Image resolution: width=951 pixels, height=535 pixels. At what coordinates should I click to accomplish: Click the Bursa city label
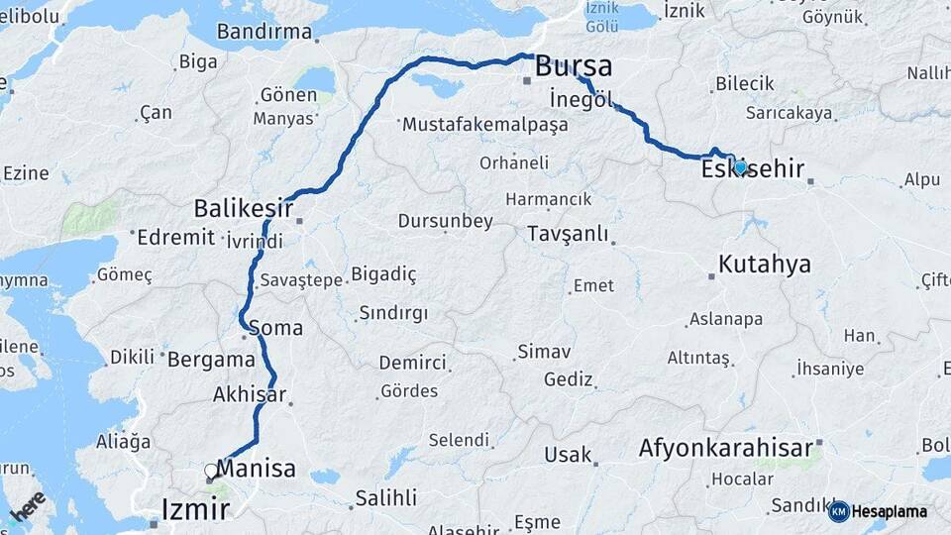(x=574, y=67)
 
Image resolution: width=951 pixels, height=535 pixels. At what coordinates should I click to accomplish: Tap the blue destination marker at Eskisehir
(x=740, y=167)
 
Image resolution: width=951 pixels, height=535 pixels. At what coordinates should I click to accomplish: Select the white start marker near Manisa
(x=211, y=472)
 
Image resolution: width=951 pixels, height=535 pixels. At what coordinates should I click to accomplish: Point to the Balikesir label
(x=243, y=209)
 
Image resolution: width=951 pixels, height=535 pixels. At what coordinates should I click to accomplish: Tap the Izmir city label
(x=195, y=510)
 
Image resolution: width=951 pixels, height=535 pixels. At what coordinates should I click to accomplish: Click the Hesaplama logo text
(x=890, y=512)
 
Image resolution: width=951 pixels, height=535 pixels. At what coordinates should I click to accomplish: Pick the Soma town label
(x=276, y=327)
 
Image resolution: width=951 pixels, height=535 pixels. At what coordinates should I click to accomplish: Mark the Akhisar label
(x=249, y=395)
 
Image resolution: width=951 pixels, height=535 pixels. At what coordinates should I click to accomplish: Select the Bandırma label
(x=264, y=32)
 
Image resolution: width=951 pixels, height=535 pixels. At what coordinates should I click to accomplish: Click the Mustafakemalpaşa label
(x=484, y=125)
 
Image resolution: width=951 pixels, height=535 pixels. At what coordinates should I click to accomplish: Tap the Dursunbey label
(x=445, y=221)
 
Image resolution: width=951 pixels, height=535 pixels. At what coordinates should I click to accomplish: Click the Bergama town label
(x=211, y=360)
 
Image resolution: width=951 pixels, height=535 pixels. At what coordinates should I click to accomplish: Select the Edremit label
(x=175, y=237)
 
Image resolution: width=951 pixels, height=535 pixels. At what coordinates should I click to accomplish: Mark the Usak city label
(x=568, y=456)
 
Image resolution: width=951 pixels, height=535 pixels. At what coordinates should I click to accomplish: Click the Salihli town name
(x=385, y=498)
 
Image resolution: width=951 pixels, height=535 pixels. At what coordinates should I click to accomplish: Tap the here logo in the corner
(x=29, y=504)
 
